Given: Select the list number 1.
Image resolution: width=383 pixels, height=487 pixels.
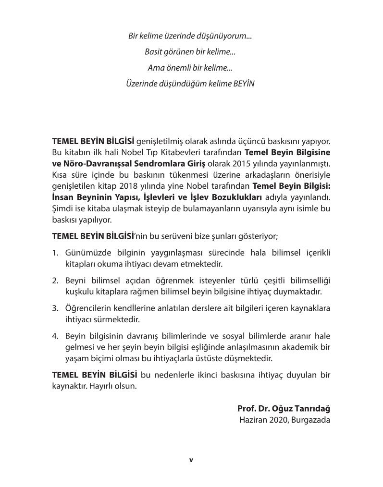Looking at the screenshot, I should tap(55, 253).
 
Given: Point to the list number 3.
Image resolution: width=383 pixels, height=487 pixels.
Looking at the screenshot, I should tap(55, 308).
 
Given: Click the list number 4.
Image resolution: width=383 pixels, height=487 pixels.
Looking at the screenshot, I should tap(55, 335).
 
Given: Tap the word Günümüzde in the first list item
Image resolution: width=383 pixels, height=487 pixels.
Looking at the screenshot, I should tap(86, 253).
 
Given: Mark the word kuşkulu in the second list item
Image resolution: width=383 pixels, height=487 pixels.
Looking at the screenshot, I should tap(79, 292).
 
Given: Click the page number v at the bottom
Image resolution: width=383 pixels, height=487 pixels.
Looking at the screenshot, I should tap(191, 460).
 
